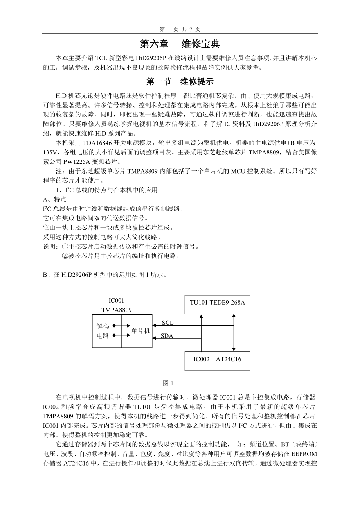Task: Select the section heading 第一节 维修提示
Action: click(x=180, y=82)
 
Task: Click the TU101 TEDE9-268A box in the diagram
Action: click(x=217, y=303)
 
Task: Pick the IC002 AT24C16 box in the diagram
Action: click(x=217, y=359)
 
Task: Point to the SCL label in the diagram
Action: click(x=167, y=323)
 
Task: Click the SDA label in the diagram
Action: click(x=167, y=336)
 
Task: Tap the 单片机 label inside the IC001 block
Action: click(x=141, y=331)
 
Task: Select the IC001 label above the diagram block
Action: click(x=116, y=301)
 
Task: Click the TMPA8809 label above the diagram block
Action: click(x=117, y=310)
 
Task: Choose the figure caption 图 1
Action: click(x=168, y=383)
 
